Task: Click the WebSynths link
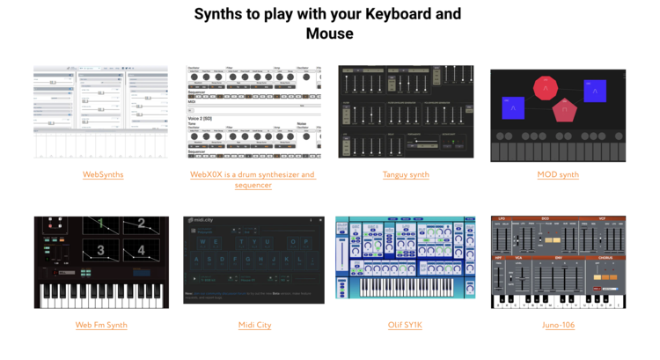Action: [x=103, y=174]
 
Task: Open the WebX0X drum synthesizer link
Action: [x=253, y=174]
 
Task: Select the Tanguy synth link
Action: [x=406, y=174]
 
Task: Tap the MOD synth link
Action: [x=558, y=174]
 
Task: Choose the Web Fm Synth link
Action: [x=101, y=325]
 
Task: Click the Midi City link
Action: [x=254, y=325]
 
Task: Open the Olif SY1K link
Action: [x=406, y=325]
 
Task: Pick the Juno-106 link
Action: [x=558, y=325]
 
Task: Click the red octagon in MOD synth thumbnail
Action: [x=546, y=87]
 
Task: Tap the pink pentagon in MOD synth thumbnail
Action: [x=564, y=110]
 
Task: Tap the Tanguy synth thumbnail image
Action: [x=406, y=112]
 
